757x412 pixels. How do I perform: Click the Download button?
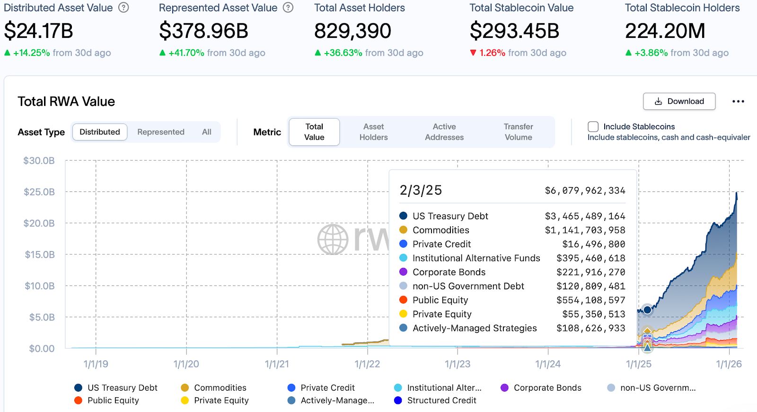tap(679, 101)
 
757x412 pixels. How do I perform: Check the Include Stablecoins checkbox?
tap(593, 126)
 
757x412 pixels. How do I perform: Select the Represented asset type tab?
tap(161, 132)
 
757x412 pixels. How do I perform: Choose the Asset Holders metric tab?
tap(373, 132)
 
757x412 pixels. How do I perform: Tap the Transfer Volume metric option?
tap(518, 132)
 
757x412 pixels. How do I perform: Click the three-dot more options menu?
tap(738, 101)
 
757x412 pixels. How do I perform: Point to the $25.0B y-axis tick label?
tap(39, 192)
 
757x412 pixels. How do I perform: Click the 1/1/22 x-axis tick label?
tap(367, 364)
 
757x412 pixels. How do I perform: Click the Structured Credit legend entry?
tap(441, 401)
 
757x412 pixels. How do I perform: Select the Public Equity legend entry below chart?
tap(113, 401)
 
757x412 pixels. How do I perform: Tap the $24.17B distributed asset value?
tap(39, 31)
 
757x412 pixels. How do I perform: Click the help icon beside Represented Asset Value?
tap(288, 8)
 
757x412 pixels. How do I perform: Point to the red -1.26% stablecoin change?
tap(492, 53)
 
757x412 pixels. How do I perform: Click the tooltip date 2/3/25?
tap(421, 190)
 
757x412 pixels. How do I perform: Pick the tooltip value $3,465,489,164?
tap(585, 216)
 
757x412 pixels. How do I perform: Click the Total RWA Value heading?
tap(66, 101)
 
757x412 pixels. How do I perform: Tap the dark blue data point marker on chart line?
tap(647, 310)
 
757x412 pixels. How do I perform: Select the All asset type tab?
tap(207, 132)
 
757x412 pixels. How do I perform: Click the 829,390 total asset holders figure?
tap(352, 31)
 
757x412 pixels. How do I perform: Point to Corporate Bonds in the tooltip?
tap(449, 272)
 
